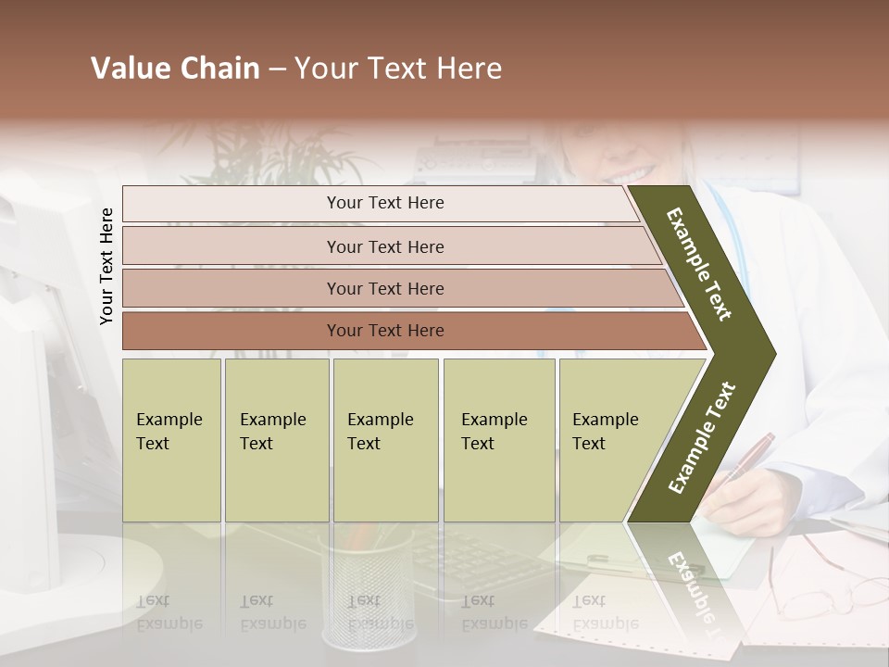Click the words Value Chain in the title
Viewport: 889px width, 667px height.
[x=175, y=69]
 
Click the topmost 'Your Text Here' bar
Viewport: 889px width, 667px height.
[x=384, y=203]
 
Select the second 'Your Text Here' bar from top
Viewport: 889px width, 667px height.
[x=384, y=246]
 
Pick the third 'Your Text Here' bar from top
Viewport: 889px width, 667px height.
[x=384, y=288]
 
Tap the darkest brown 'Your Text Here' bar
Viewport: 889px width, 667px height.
[x=384, y=331]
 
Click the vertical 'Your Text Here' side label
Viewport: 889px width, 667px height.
[x=107, y=266]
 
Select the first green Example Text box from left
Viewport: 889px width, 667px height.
[x=171, y=440]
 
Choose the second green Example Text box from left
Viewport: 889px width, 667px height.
[x=276, y=440]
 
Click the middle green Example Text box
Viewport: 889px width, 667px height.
[x=385, y=440]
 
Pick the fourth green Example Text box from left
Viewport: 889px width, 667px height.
[x=498, y=440]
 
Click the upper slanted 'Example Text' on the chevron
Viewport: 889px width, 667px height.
[x=700, y=264]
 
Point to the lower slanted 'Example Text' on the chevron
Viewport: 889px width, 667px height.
[x=702, y=437]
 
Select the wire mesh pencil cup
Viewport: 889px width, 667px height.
[x=369, y=584]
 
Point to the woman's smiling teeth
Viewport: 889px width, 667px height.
[x=632, y=173]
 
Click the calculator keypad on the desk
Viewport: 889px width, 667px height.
[x=472, y=556]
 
